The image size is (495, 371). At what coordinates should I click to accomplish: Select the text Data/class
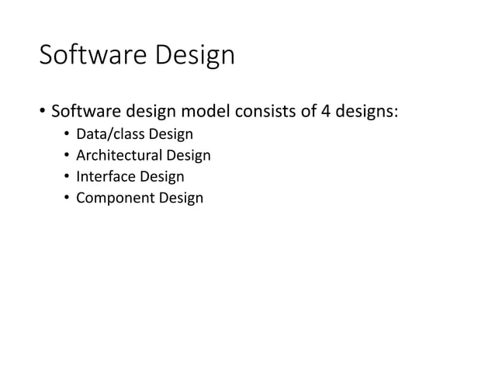[x=107, y=136]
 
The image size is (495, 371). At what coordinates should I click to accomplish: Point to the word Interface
[x=106, y=177]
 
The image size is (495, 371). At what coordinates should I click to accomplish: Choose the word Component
[x=113, y=198]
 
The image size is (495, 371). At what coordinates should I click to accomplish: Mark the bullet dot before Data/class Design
[x=67, y=137]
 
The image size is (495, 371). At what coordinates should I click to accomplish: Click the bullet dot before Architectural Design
[x=67, y=157]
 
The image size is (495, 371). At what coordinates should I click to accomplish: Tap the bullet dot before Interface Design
[x=67, y=178]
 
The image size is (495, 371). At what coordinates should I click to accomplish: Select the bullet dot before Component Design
[x=67, y=199]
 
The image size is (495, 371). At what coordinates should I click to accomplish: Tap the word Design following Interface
[x=161, y=177]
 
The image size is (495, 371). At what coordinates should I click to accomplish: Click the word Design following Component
[x=182, y=198]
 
